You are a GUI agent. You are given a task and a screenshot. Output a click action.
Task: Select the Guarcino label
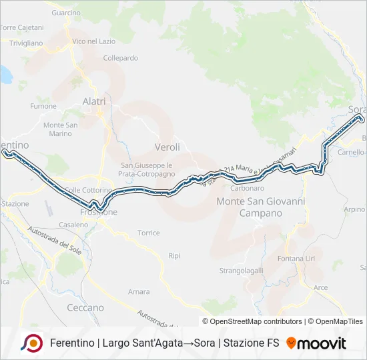[65, 13]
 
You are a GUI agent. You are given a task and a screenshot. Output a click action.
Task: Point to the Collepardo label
[121, 58]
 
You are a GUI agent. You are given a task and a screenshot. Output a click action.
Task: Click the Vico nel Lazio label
[93, 41]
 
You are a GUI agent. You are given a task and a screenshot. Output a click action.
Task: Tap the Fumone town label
[43, 106]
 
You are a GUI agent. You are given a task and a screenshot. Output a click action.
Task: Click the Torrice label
[148, 233]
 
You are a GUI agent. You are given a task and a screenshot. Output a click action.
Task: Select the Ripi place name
[175, 255]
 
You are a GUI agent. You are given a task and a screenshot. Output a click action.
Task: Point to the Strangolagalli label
[242, 271]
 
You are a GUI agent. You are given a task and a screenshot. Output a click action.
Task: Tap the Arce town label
[321, 287]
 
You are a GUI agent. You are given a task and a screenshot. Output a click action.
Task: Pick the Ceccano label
[85, 307]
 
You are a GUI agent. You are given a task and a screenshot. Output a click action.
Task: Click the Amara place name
[139, 291]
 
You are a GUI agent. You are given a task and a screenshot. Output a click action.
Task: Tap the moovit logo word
[322, 343]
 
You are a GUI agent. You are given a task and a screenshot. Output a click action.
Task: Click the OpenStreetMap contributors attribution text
[256, 321]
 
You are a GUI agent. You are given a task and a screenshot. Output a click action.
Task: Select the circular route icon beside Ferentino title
[31, 343]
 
